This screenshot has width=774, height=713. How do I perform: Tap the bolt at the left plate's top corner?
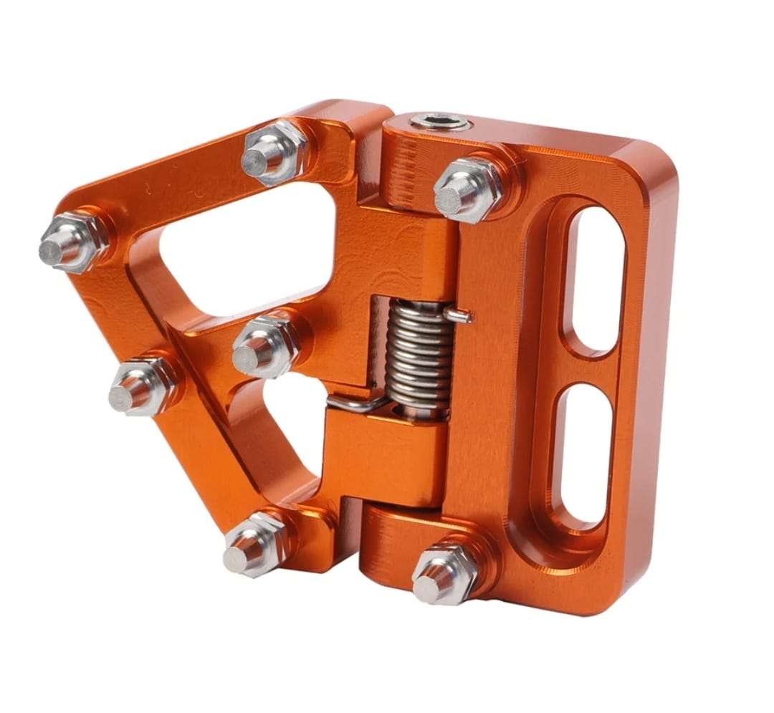[273, 153]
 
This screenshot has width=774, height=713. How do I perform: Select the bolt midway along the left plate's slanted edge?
[140, 385]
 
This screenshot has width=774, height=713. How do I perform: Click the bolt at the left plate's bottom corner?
[254, 545]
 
